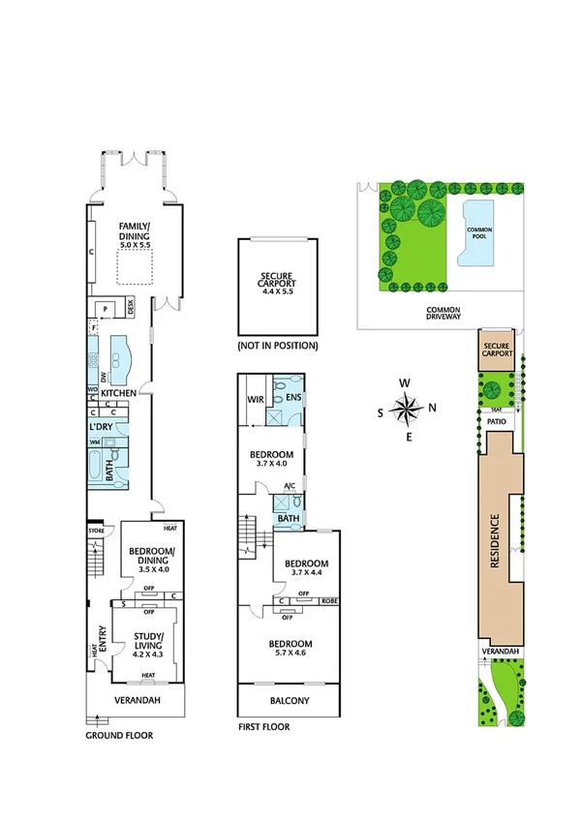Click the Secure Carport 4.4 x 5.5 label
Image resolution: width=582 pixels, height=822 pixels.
[x=277, y=285]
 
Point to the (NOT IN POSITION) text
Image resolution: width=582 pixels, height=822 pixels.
[x=277, y=346]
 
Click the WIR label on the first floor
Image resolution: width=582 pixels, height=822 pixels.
[x=257, y=398]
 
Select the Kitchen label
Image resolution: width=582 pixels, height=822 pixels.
[x=117, y=393]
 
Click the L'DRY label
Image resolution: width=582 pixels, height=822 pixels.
[x=103, y=427]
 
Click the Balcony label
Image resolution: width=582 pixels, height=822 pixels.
[x=291, y=701]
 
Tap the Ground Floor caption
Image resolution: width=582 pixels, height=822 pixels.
[x=119, y=736]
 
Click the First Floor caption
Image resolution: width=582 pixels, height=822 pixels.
[x=263, y=726]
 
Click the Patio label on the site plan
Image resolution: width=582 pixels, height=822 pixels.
[x=498, y=421]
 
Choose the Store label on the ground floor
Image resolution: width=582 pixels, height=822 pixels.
[x=95, y=531]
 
